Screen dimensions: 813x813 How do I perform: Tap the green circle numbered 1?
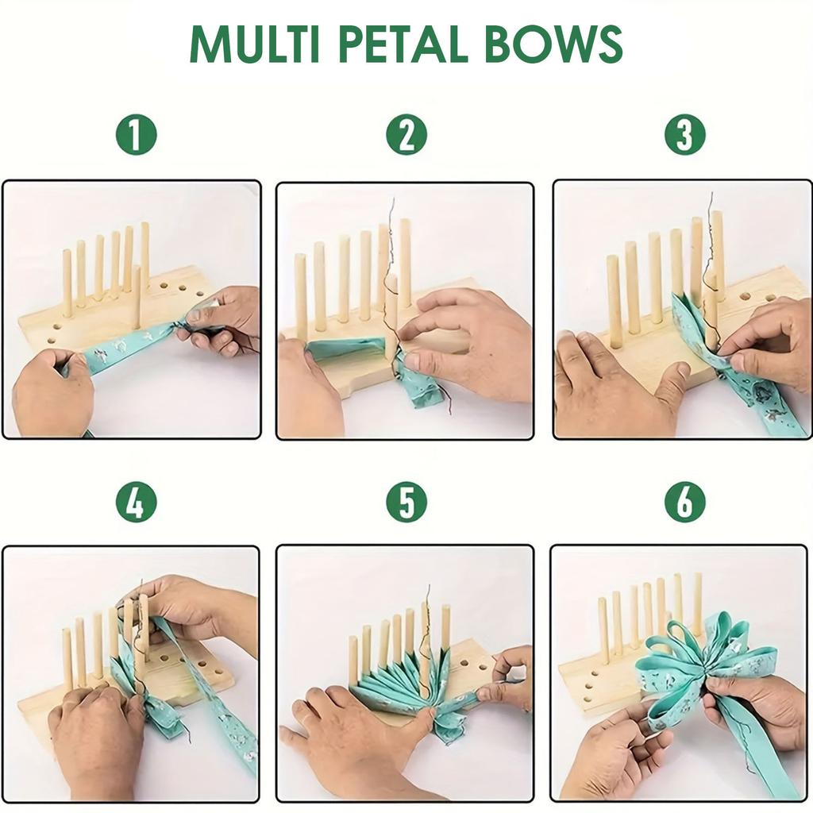(x=137, y=135)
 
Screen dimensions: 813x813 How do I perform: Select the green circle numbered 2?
(x=406, y=135)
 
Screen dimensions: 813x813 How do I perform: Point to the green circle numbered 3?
(x=684, y=135)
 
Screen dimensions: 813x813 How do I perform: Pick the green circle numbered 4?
(x=137, y=502)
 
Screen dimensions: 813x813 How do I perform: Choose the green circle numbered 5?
(x=406, y=502)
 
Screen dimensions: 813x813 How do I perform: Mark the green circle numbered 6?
(x=684, y=502)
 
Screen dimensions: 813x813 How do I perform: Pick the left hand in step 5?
(x=349, y=734)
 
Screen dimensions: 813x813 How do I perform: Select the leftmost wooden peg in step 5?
(x=353, y=659)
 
